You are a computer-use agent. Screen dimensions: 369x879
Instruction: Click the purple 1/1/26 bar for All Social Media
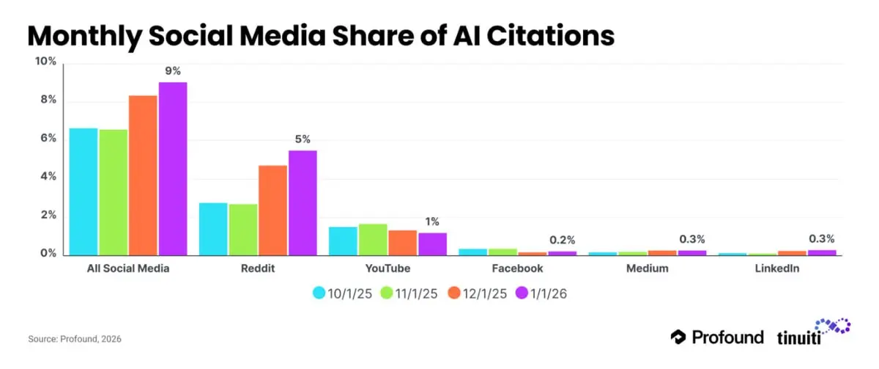173,168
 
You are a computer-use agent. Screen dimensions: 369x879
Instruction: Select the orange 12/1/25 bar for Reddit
272,210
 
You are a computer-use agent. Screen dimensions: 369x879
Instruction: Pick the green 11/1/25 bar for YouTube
373,239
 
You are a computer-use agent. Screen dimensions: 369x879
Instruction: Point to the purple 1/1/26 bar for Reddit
302,202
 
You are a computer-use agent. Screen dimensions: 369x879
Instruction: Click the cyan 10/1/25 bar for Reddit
213,228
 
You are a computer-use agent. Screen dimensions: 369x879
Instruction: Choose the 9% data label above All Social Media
173,71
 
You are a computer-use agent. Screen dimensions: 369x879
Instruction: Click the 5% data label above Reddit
303,139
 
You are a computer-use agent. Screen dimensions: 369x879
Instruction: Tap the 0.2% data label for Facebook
563,240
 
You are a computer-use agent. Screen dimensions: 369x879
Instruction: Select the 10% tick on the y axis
45,61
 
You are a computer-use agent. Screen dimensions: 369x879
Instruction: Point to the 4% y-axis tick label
48,177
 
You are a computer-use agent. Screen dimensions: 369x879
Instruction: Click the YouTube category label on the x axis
387,268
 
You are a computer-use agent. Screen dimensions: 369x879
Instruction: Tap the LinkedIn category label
777,268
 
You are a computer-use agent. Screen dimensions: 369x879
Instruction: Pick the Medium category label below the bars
648,268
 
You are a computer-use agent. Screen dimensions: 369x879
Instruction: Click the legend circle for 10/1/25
319,293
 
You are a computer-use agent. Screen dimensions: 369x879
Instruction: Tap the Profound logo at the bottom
717,337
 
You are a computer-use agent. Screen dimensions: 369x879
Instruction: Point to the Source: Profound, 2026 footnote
74,339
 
